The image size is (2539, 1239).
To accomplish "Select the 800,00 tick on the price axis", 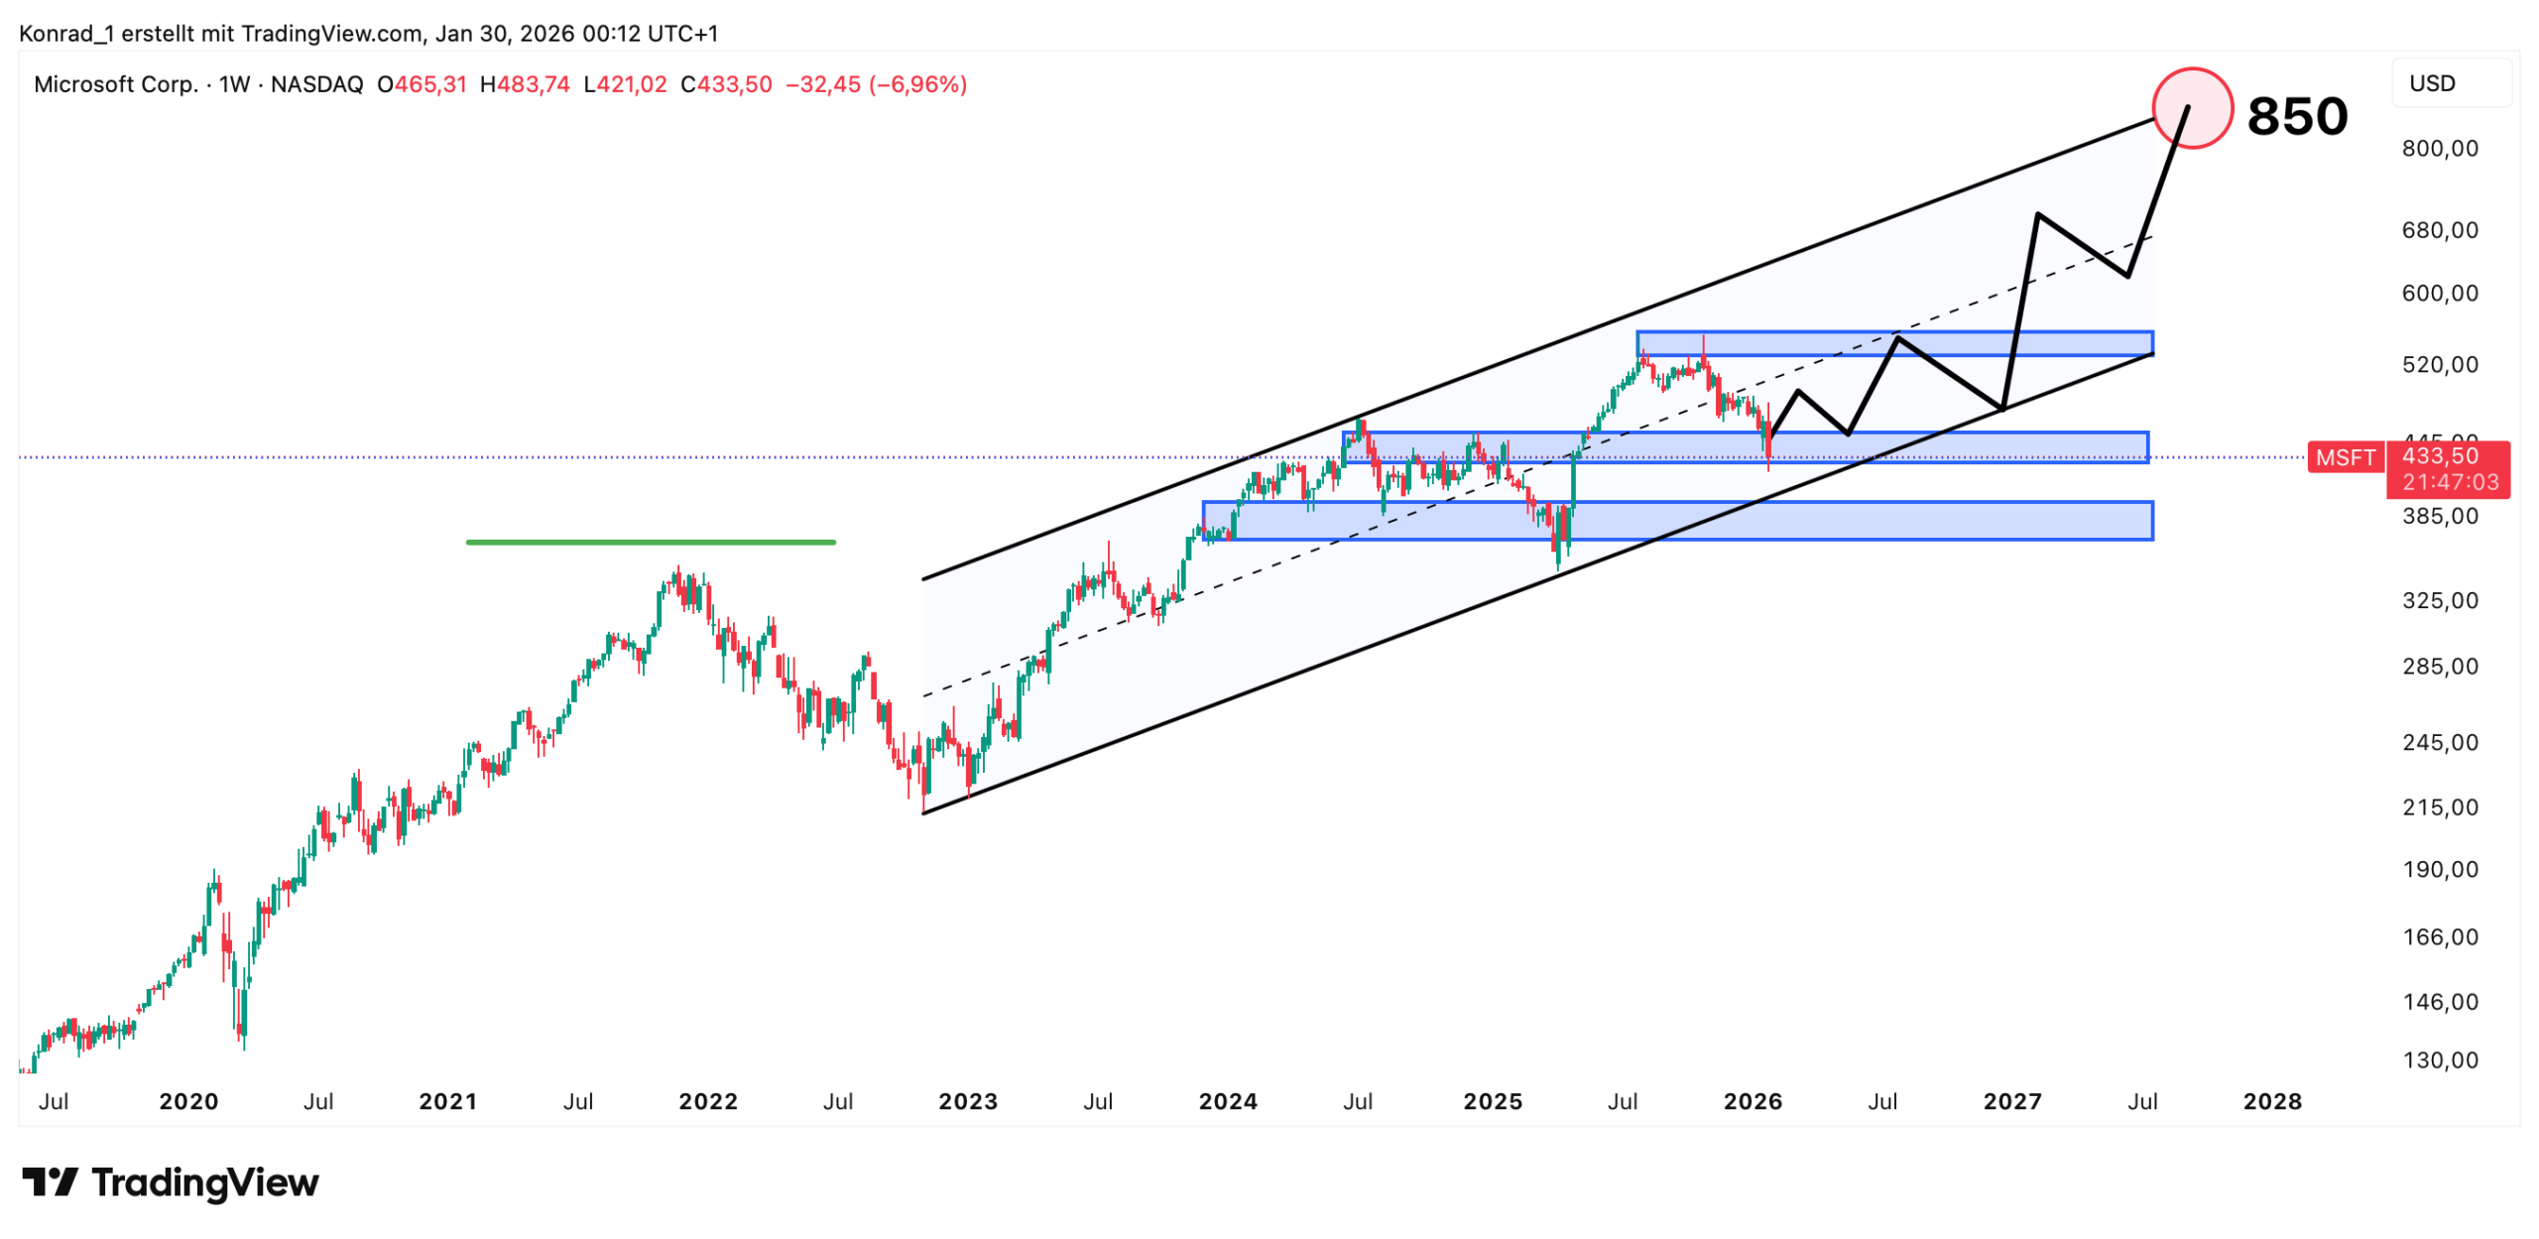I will [x=2439, y=149].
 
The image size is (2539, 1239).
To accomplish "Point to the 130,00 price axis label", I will [x=2439, y=1059].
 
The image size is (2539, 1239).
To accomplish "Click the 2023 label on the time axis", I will [x=967, y=1101].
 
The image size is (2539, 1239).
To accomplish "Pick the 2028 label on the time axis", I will [x=2271, y=1101].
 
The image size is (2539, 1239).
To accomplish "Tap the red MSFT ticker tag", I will [x=2344, y=457].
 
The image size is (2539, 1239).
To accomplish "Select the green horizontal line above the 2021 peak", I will [x=650, y=542].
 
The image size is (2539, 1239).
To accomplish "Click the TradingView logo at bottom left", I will [x=170, y=1182].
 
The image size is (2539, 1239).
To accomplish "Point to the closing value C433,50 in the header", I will [x=725, y=84].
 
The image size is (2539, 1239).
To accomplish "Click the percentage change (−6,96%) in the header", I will [x=917, y=84].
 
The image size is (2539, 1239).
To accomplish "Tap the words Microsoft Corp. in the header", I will [x=116, y=84].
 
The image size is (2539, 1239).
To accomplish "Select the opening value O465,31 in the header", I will [x=422, y=84].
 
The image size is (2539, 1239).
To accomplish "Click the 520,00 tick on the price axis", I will [x=2439, y=364].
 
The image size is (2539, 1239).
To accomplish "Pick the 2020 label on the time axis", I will [x=188, y=1101].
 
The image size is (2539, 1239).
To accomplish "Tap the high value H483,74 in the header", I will [x=525, y=84].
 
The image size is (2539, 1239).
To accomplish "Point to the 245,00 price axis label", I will [x=2439, y=742].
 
